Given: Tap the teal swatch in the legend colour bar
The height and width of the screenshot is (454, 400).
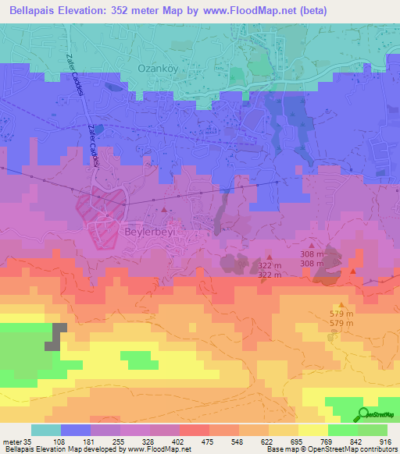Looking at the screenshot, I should [46, 430].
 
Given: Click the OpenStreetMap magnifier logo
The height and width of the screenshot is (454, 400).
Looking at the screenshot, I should [363, 414].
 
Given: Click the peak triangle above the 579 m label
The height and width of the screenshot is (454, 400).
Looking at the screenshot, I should [341, 305].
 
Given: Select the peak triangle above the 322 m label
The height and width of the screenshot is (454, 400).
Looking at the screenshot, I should [270, 256].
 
